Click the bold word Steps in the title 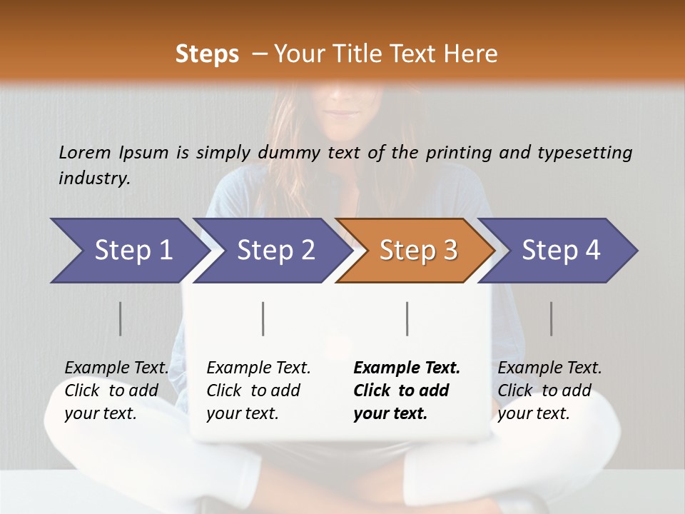click(207, 54)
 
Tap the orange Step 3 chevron click(417, 251)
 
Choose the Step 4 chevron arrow click(560, 251)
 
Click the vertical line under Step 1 click(120, 318)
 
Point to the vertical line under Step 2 click(263, 318)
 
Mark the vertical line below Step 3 click(407, 318)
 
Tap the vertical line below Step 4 click(551, 318)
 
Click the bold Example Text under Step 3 click(407, 368)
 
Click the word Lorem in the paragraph click(85, 153)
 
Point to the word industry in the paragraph click(93, 178)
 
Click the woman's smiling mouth click(344, 112)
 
